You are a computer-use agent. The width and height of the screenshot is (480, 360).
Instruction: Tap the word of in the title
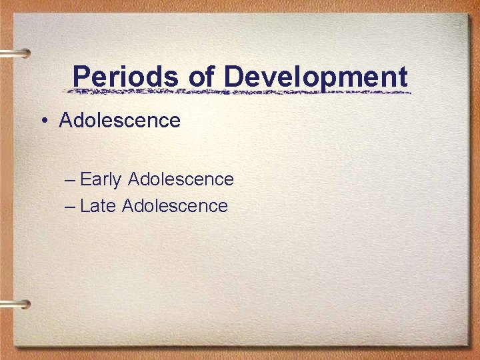click(x=201, y=77)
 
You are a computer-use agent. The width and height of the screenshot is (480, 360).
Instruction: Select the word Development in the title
click(x=315, y=77)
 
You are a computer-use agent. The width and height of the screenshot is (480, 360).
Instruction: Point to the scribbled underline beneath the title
click(x=240, y=91)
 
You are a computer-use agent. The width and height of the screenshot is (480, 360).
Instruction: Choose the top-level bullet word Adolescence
click(x=119, y=121)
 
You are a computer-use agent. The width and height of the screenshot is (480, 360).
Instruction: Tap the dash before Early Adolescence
click(x=71, y=180)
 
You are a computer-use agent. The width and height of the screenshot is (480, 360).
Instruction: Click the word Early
click(x=101, y=179)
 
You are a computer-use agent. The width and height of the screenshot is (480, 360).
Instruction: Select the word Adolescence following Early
click(x=180, y=179)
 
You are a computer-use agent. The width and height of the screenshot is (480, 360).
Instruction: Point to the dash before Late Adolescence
click(x=71, y=207)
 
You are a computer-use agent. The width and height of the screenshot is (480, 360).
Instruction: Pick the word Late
click(x=98, y=206)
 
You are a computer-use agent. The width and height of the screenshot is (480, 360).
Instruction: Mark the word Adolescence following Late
click(x=175, y=206)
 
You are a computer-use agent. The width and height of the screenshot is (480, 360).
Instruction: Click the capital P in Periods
click(x=81, y=77)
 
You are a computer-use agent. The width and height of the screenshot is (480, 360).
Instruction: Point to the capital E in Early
click(x=85, y=179)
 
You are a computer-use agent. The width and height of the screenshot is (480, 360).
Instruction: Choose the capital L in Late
click(x=84, y=206)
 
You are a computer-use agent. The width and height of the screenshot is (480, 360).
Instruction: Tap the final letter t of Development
click(x=402, y=77)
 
